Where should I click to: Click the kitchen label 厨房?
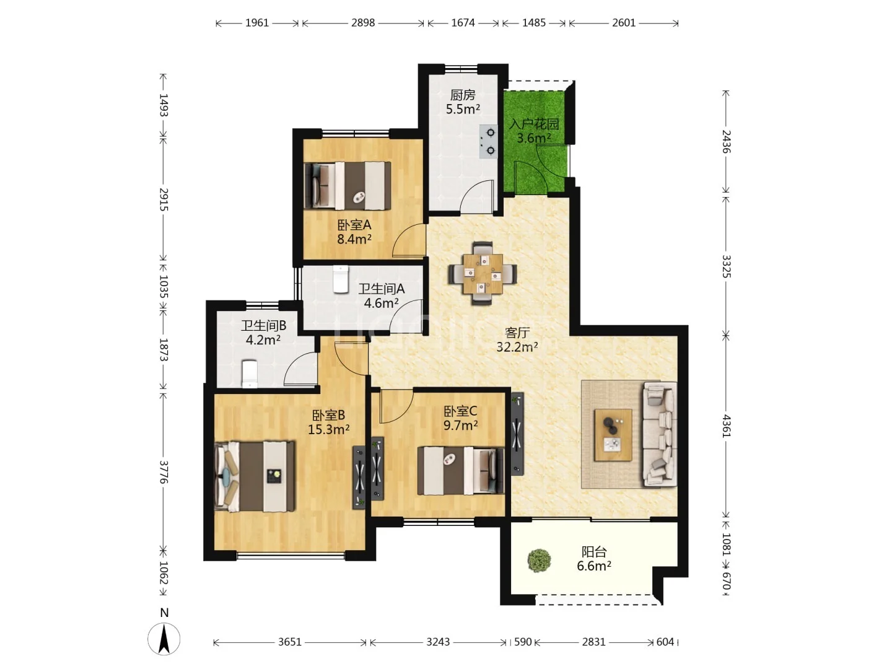(x=463, y=95)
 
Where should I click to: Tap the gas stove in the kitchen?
(x=488, y=141)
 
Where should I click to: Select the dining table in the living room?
(x=483, y=273)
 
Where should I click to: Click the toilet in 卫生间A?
(x=341, y=279)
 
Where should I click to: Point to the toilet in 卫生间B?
(x=249, y=374)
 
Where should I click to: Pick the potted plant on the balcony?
(x=539, y=561)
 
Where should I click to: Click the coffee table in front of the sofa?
(x=613, y=435)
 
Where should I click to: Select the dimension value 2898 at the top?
(x=363, y=23)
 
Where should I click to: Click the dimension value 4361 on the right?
(x=726, y=426)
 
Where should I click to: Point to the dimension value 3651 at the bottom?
(x=290, y=642)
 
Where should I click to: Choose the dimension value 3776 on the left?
(x=164, y=472)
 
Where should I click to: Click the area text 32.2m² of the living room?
(x=517, y=346)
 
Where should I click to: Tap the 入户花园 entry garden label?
(x=534, y=124)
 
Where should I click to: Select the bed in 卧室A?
(x=348, y=186)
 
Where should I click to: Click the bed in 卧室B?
(x=255, y=476)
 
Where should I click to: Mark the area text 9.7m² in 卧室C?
(x=460, y=425)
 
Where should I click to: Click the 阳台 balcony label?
(x=594, y=551)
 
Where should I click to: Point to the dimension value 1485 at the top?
(x=533, y=23)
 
